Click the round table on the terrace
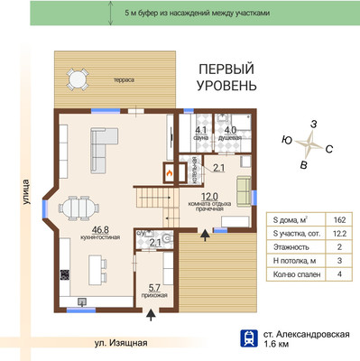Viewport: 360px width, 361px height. tap(78, 80)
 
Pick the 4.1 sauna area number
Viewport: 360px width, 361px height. tap(201, 131)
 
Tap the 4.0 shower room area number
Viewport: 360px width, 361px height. tap(230, 131)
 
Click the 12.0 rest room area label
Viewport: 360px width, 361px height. tap(209, 197)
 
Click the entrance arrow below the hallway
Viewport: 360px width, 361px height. tap(151, 316)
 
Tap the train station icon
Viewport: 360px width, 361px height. tap(249, 338)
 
